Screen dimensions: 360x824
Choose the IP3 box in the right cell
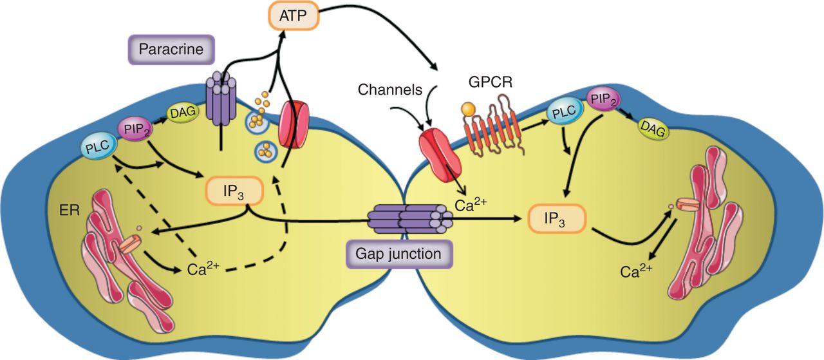tap(556, 219)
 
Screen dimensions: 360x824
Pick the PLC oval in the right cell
tap(563, 113)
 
